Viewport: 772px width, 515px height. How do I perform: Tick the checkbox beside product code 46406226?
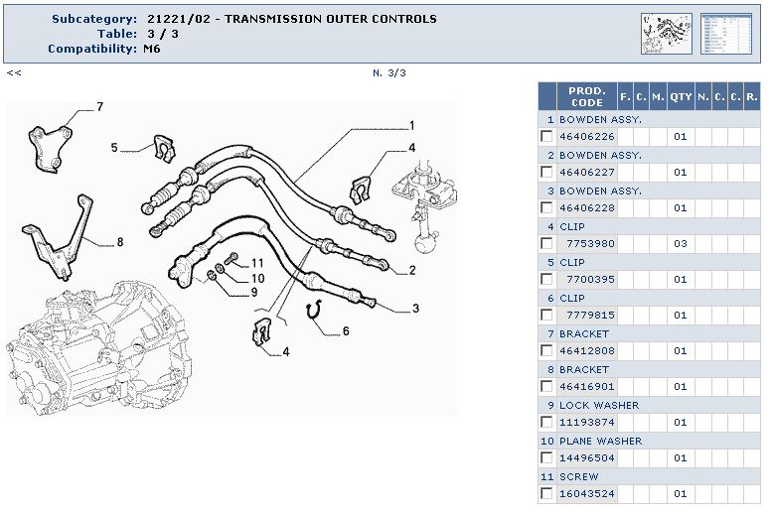coord(546,137)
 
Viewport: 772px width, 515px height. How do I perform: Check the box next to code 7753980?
coord(546,244)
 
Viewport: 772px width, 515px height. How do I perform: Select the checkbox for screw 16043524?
coord(546,494)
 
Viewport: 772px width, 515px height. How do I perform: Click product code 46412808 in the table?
coord(586,351)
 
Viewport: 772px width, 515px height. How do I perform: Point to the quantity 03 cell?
coord(680,244)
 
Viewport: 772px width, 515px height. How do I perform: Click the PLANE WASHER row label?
coord(600,441)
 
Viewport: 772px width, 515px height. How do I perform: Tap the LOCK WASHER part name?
coord(599,405)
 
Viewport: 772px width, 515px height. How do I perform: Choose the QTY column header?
coord(680,96)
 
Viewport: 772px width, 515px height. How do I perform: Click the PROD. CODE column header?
coord(586,96)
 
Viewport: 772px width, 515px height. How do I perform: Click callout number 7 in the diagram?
coord(99,107)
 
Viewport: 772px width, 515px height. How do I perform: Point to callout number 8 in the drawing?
coord(119,241)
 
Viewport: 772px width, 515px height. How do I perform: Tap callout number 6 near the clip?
coord(346,330)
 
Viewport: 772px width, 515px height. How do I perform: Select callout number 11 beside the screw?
coord(257,263)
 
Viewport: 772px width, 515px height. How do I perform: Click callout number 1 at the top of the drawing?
coord(411,126)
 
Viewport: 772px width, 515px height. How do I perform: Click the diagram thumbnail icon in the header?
coord(666,33)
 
